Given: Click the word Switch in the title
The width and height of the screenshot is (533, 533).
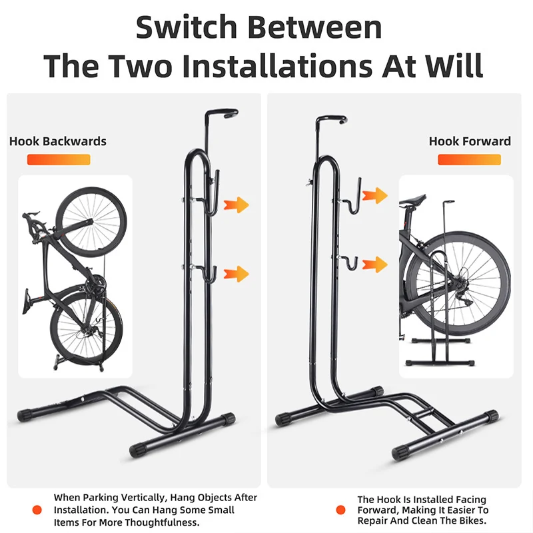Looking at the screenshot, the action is pos(187,27).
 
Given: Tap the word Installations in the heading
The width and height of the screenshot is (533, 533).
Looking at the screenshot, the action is pos(276,65).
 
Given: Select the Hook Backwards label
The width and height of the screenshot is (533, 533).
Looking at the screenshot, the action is pos(58,141).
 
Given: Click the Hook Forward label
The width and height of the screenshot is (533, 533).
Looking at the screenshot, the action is pos(470,141).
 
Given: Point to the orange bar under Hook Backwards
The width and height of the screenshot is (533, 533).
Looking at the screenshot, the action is pos(59,160).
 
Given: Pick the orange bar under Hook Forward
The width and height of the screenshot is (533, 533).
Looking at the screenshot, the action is pos(470,160).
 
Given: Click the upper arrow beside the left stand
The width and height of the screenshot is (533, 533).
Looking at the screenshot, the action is pos(237,205).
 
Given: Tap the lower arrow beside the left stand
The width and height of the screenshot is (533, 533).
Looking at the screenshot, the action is pos(237,274).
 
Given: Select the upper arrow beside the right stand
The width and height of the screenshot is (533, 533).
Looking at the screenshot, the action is pos(375,195).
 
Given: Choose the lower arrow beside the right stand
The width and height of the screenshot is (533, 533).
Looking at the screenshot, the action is pos(375,265).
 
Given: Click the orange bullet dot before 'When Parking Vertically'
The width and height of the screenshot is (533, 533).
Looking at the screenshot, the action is pos(37,510).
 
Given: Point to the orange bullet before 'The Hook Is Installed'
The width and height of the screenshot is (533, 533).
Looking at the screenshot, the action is pos(340,510).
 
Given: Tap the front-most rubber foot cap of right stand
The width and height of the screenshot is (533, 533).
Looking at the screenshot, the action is pos(401,452).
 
